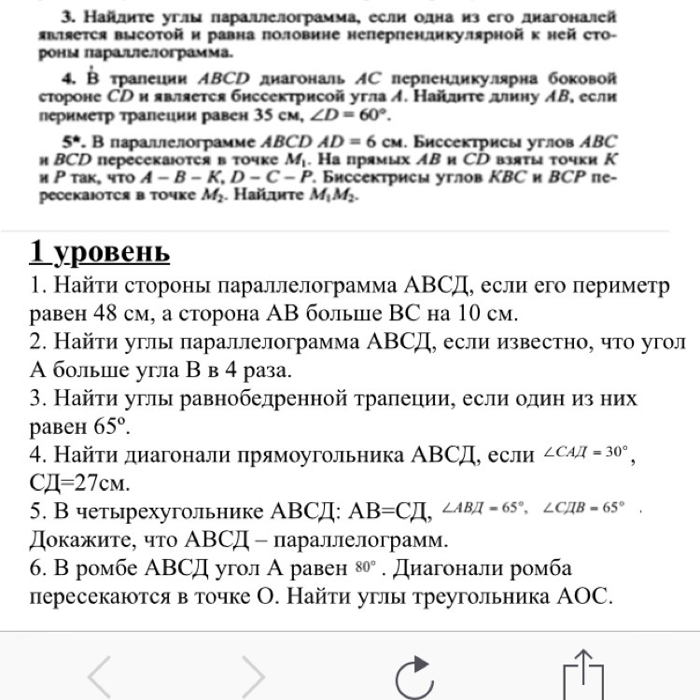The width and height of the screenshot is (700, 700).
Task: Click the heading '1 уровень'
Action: [100, 251]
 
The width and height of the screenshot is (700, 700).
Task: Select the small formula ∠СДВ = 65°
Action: [583, 509]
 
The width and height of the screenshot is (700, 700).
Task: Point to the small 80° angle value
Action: [365, 567]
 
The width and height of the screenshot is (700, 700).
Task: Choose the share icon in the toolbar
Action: [585, 674]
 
